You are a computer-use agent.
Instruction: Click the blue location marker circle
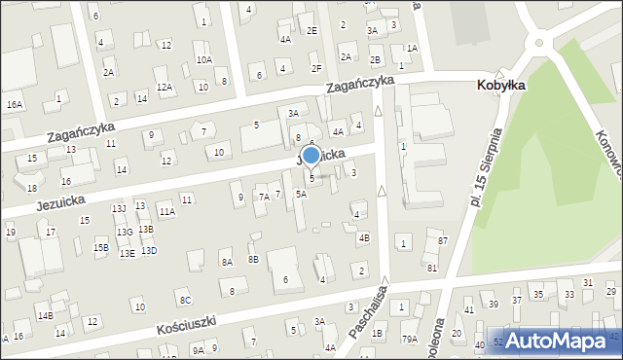(311, 155)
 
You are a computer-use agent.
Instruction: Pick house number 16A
(14, 104)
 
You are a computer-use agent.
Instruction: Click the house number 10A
(203, 59)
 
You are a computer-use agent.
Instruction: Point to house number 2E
(312, 30)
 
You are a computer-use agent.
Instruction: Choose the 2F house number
(316, 67)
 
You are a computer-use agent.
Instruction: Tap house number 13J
(119, 208)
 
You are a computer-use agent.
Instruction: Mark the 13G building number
(125, 232)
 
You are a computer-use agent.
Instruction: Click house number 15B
(101, 248)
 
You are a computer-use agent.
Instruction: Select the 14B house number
(45, 315)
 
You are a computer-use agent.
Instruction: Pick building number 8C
(185, 300)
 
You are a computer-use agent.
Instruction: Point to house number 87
(443, 240)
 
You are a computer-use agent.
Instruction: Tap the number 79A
(410, 340)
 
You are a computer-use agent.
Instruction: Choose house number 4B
(364, 237)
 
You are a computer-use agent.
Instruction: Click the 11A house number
(166, 210)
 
